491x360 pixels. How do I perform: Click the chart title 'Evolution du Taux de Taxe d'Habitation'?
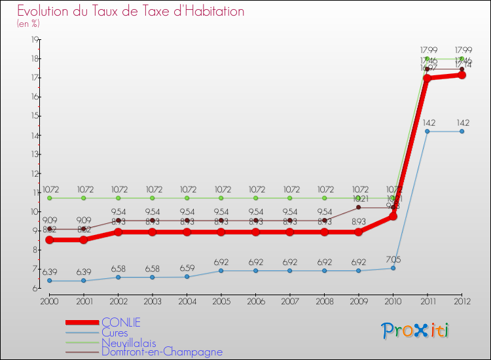(131, 11)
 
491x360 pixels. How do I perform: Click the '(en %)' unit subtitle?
(28, 24)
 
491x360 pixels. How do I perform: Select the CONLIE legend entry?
(121, 322)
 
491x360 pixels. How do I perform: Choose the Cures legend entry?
(116, 332)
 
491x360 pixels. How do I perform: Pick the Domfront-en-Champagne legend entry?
(162, 351)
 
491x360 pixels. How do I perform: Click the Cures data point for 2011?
(427, 131)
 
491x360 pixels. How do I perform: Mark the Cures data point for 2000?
(49, 281)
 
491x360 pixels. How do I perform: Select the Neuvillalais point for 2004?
(187, 198)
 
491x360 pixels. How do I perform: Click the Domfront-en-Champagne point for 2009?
(359, 207)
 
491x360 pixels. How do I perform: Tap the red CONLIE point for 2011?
(427, 78)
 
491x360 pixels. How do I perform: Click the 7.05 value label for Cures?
(393, 259)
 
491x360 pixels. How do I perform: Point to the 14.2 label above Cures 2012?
(462, 122)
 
